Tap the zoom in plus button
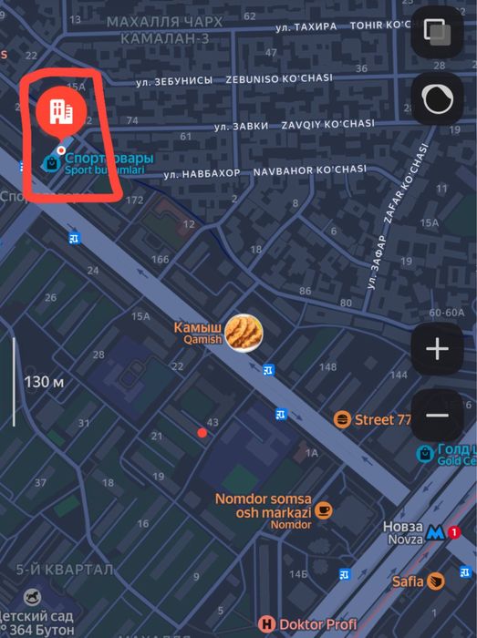pos(437,348)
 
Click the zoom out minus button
pos(437,416)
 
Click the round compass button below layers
pos(438,100)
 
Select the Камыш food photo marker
pos(244,333)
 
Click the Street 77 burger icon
pos(342,419)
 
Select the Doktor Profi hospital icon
pos(266,624)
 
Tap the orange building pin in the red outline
pos(60,111)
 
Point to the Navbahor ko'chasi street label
pos(309,170)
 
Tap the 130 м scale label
pos(44,382)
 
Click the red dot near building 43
pos(202,432)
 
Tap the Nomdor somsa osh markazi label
pos(263,505)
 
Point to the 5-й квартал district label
pos(65,570)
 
